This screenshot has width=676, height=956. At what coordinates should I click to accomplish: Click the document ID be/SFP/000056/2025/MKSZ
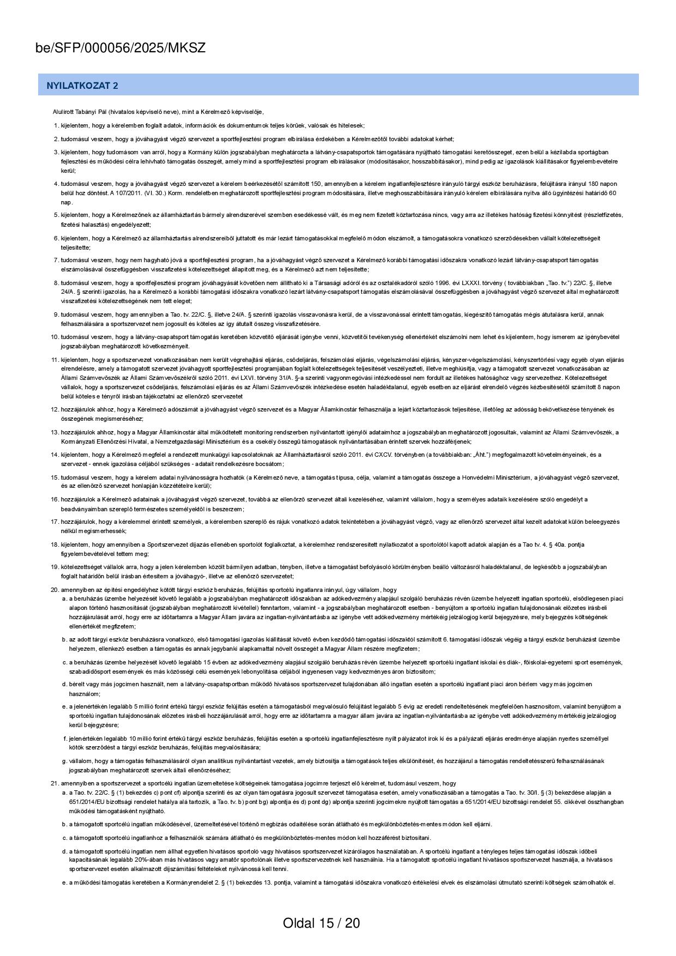120,48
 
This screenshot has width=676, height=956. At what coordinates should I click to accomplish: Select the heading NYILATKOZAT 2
82,86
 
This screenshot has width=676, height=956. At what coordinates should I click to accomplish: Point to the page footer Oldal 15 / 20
321,923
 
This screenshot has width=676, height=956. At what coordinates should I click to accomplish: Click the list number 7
56,260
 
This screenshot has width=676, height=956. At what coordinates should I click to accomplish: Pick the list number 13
55,432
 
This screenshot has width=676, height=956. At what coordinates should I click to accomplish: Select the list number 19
55,567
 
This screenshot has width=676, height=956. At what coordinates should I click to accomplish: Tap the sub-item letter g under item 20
64,761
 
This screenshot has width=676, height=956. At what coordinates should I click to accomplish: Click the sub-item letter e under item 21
64,882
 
